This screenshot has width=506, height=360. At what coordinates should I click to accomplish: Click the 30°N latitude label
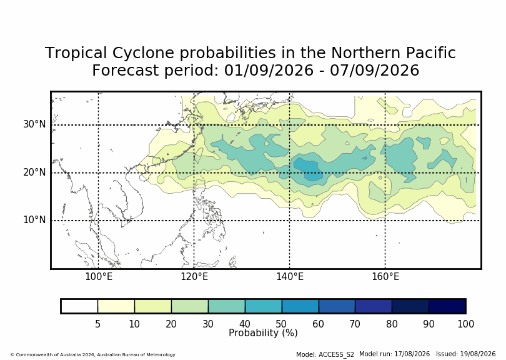tap(34, 124)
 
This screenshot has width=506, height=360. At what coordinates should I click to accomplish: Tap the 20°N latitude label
tap(34, 172)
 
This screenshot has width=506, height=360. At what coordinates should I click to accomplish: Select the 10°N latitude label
tap(34, 220)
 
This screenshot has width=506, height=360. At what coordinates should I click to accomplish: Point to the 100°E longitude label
tap(99, 277)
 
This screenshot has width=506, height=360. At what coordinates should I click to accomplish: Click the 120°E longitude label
tap(194, 277)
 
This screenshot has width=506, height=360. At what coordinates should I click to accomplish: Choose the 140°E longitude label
tap(290, 277)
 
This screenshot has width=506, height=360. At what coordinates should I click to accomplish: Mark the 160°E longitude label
tap(385, 277)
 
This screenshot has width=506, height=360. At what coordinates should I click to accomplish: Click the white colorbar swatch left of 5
tap(79, 306)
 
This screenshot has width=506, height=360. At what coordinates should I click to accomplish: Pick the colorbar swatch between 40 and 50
tap(264, 306)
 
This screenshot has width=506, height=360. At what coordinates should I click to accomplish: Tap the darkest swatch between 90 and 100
tap(447, 306)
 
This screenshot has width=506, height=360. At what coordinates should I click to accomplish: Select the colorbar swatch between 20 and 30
tap(190, 306)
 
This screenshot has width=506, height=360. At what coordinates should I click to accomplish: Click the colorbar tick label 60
tap(318, 324)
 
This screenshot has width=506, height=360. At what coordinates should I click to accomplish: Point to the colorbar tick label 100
tap(465, 324)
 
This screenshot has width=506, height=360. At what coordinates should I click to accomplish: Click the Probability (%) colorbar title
tap(263, 333)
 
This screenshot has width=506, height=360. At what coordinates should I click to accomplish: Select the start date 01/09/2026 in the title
tap(269, 70)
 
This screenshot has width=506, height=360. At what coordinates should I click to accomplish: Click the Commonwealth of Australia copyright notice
tap(93, 354)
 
